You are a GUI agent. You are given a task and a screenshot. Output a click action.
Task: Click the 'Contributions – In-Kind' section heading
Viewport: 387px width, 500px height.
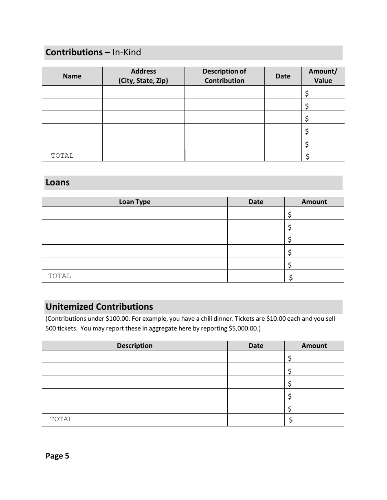click(93, 52)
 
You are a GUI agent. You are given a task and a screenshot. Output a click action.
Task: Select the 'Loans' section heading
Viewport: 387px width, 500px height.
click(57, 183)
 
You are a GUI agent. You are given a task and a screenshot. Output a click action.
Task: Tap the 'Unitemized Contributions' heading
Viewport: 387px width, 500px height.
click(99, 307)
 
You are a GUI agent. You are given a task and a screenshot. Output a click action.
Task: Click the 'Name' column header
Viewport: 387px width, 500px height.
click(72, 76)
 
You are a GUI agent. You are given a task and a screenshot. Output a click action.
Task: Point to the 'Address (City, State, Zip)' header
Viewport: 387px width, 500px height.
click(143, 76)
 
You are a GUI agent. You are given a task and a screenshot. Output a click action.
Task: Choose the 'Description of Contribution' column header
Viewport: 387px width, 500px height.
click(224, 76)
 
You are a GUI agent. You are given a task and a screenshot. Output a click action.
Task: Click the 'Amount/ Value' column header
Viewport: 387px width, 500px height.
click(323, 76)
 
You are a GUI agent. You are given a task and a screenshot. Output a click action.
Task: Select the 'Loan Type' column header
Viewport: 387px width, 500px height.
click(134, 202)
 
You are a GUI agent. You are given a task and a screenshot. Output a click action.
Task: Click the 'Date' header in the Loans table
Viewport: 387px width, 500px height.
click(256, 202)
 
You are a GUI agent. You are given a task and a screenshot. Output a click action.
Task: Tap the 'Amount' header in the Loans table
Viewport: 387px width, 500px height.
click(314, 202)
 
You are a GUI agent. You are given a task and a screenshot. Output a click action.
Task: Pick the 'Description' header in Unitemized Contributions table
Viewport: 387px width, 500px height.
click(134, 346)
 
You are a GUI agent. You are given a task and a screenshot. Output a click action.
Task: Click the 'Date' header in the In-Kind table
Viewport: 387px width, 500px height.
click(283, 76)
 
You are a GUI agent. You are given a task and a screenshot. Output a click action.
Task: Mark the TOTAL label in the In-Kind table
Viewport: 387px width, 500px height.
click(62, 156)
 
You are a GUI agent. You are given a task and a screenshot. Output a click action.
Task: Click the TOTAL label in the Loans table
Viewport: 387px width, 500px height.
click(59, 276)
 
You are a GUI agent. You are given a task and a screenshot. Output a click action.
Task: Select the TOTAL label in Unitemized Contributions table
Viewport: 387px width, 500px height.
click(61, 419)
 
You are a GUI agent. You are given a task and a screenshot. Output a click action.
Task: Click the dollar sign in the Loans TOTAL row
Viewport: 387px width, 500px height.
click(291, 278)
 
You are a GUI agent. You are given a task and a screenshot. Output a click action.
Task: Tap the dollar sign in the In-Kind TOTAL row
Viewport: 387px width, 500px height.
click(308, 156)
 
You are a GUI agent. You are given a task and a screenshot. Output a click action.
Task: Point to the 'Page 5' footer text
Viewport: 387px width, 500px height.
click(57, 456)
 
